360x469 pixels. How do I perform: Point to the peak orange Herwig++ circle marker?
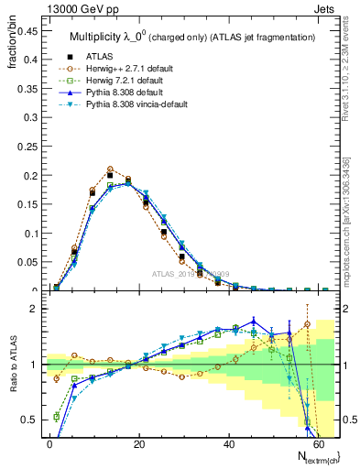click(x=110, y=169)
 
